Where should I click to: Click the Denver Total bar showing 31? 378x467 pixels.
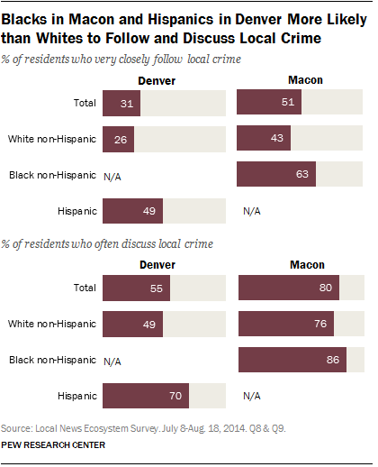tap(122, 104)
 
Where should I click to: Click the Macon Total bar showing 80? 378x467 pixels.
tap(289, 288)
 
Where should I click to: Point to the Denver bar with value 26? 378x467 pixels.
tap(120, 139)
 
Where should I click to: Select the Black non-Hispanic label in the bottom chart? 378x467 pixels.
tap(53, 360)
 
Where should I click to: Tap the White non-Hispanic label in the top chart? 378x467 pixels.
tap(53, 139)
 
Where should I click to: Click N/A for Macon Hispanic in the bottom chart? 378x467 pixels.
tap(252, 395)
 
